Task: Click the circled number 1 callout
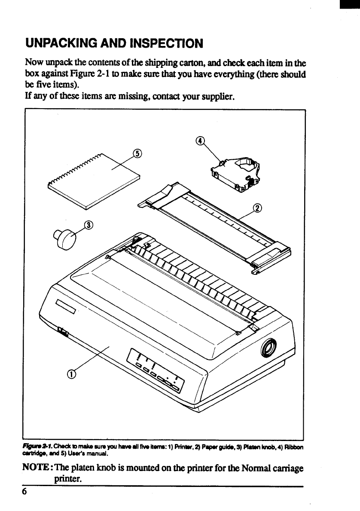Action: (72, 374)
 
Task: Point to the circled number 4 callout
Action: (199, 140)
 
